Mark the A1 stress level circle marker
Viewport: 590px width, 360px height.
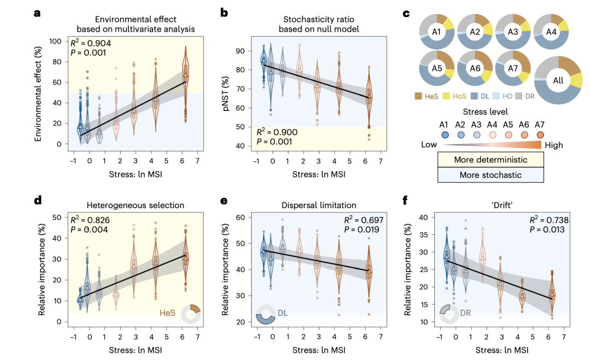(x=445, y=135)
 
